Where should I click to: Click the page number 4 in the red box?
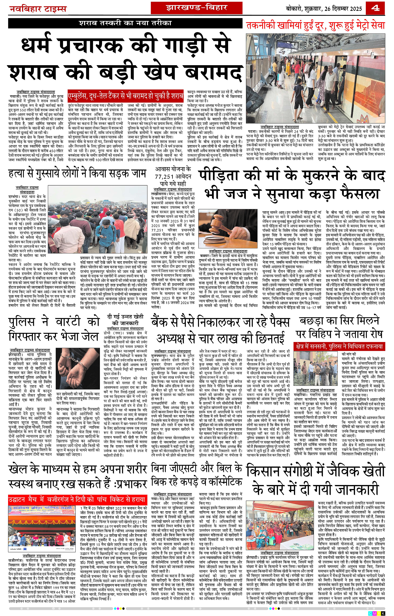click(375, 8)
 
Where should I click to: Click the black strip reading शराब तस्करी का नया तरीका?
click(125, 23)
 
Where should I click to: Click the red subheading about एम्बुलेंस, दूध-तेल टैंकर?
click(126, 96)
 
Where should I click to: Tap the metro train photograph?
click(315, 79)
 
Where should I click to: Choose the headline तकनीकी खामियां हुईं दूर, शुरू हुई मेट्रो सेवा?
click(315, 26)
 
